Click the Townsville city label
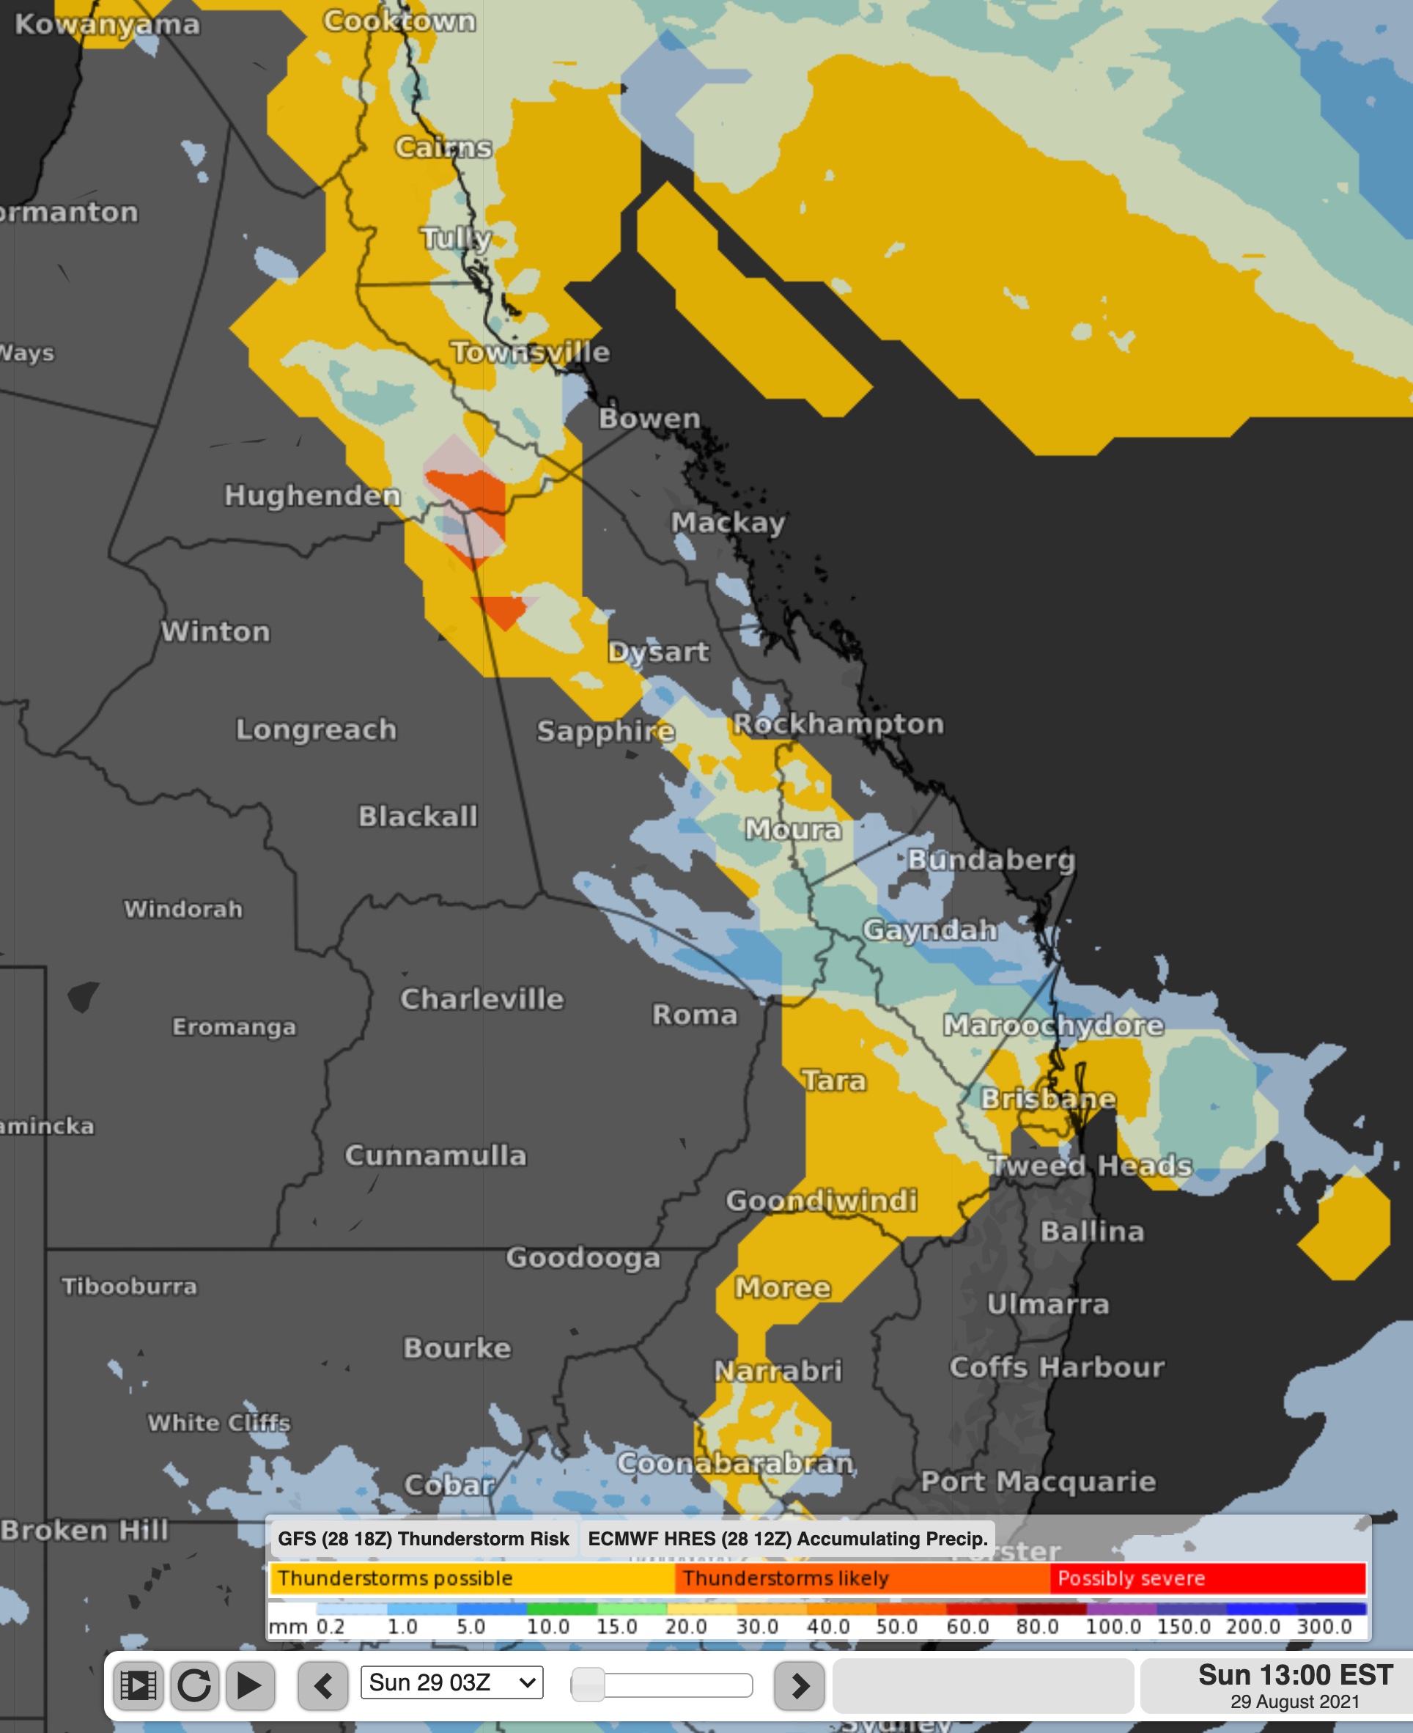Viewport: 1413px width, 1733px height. tap(530, 353)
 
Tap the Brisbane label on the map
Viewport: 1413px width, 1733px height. tap(1047, 1098)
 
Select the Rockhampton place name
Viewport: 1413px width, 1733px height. tap(838, 724)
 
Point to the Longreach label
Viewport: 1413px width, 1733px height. tap(316, 729)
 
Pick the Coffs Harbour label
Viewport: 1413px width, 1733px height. tap(1057, 1366)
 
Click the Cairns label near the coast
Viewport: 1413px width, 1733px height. tap(443, 147)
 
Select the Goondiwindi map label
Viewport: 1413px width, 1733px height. tap(822, 1200)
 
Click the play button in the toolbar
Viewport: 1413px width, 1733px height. tap(249, 1685)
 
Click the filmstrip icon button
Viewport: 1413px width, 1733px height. tap(139, 1685)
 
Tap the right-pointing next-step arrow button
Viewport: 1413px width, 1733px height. tap(800, 1685)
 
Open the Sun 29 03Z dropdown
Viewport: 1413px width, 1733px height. tap(452, 1682)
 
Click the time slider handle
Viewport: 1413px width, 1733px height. tap(588, 1685)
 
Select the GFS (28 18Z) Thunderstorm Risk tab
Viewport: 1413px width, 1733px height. tap(424, 1539)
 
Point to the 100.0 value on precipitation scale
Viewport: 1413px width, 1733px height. tap(1113, 1627)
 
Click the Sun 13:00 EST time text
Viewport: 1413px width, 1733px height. tap(1294, 1675)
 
